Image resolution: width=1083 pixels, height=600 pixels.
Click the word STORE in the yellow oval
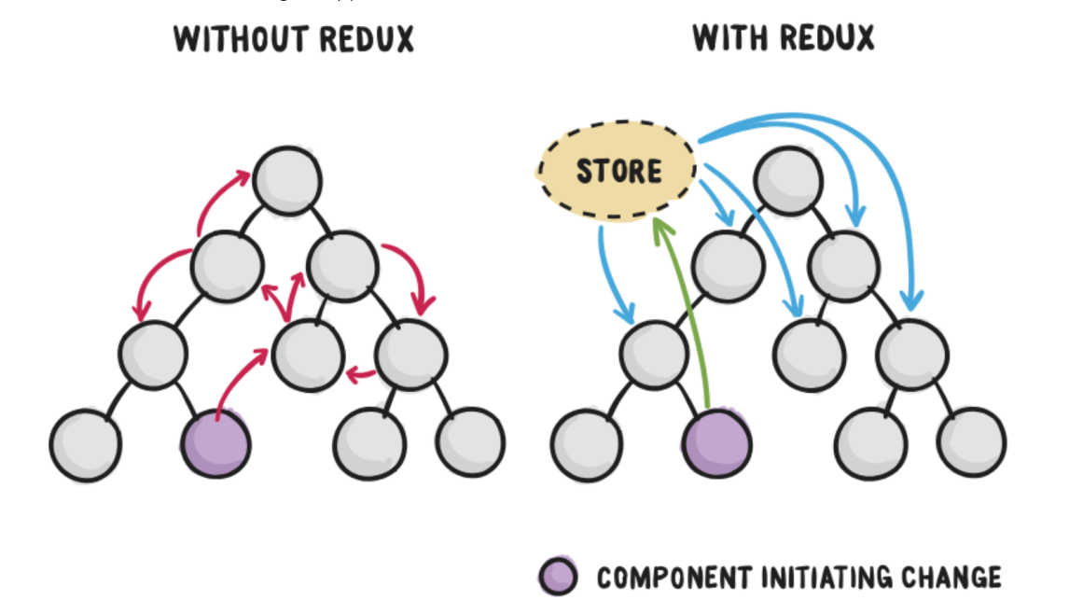(618, 172)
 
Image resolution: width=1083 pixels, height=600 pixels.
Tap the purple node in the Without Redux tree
(216, 443)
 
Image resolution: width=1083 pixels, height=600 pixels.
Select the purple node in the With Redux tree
(717, 444)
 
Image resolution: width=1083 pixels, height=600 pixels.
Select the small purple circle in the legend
(559, 577)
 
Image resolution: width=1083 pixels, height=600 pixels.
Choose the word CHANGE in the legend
(950, 578)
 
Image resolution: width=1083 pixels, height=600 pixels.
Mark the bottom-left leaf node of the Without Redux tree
(85, 445)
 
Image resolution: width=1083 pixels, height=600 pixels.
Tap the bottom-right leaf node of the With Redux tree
(971, 442)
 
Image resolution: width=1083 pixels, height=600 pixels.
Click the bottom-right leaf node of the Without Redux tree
(469, 442)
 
